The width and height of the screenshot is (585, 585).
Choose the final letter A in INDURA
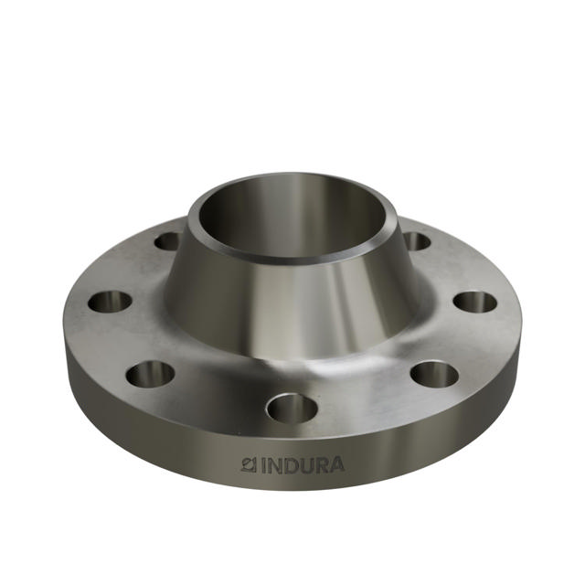tap(337, 465)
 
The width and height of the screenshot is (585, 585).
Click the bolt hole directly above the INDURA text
tap(292, 406)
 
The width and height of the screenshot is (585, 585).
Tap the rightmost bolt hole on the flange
tap(474, 302)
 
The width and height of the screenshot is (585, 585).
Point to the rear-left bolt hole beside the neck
tap(168, 241)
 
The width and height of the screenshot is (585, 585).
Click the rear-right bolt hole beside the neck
tap(416, 241)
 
